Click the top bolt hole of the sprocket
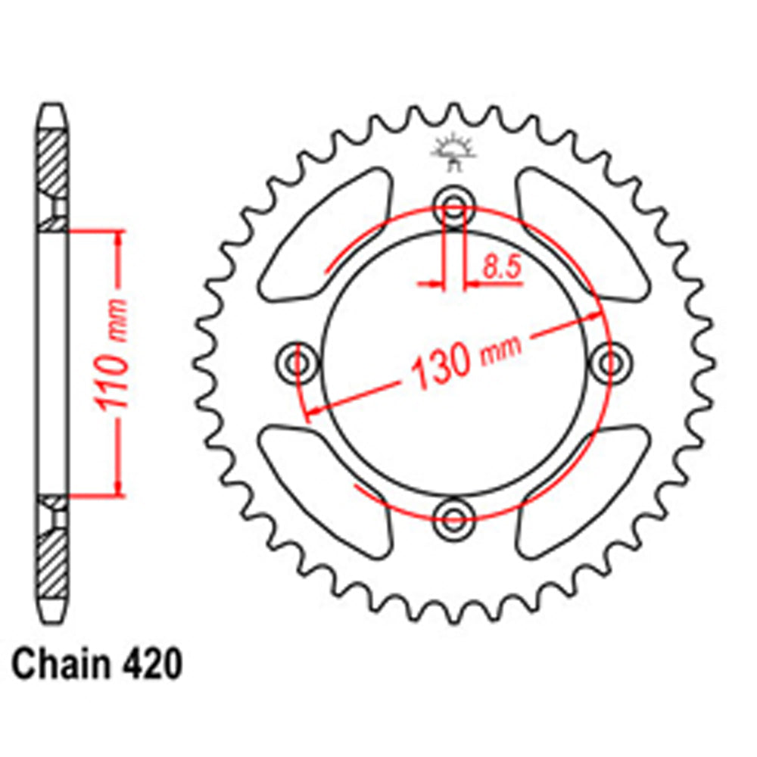point(453,203)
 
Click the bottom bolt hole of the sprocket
point(453,519)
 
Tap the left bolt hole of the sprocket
point(294,360)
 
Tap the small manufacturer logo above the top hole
point(452,150)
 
